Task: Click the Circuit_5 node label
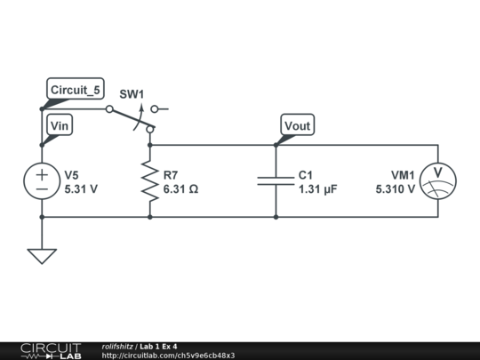pos(76,90)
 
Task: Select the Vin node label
pos(60,126)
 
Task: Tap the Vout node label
pos(297,126)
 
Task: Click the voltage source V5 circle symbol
pos(42,181)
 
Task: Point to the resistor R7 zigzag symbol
pos(149,181)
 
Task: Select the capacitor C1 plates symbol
pos(276,181)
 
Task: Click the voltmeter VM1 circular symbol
pos(437,181)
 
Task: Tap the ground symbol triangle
pos(42,255)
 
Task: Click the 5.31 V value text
pos(81,189)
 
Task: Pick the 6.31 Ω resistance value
pos(180,189)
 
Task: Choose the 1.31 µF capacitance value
pos(318,189)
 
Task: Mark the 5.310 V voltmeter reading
pos(395,189)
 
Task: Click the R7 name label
pos(171,175)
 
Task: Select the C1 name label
pos(307,175)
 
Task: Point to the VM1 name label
pos(403,175)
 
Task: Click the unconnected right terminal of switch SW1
pos(155,109)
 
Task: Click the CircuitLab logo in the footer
pos(51,350)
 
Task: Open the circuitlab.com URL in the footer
pos(168,356)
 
